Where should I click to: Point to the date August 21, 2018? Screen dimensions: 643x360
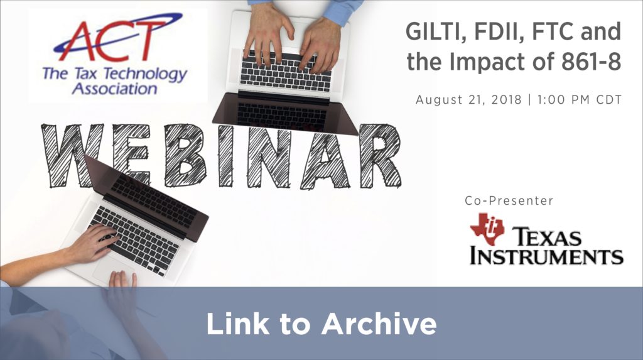pyautogui.click(x=468, y=100)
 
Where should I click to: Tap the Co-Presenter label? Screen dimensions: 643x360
pyautogui.click(x=509, y=200)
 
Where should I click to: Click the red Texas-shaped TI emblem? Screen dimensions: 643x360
pyautogui.click(x=487, y=228)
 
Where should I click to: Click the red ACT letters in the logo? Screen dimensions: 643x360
pyautogui.click(x=109, y=40)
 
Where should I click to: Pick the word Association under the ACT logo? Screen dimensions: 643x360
pyautogui.click(x=114, y=89)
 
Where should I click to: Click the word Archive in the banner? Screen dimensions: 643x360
pyautogui.click(x=379, y=324)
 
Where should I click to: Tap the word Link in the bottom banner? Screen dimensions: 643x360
pyautogui.click(x=238, y=324)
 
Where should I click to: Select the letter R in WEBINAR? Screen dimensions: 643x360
pyautogui.click(x=380, y=156)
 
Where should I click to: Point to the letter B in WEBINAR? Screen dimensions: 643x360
pyautogui.click(x=185, y=156)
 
